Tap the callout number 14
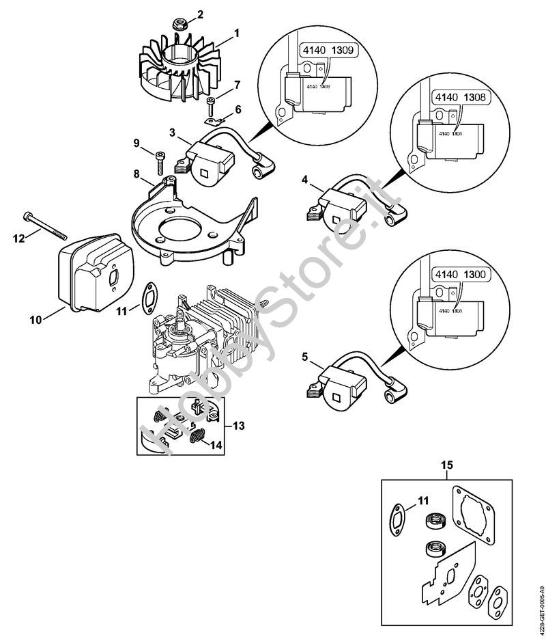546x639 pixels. click(x=216, y=445)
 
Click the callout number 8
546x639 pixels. click(x=137, y=174)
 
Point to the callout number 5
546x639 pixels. click(x=304, y=356)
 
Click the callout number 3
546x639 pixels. click(x=173, y=131)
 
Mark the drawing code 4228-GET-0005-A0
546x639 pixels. click(x=540, y=602)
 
